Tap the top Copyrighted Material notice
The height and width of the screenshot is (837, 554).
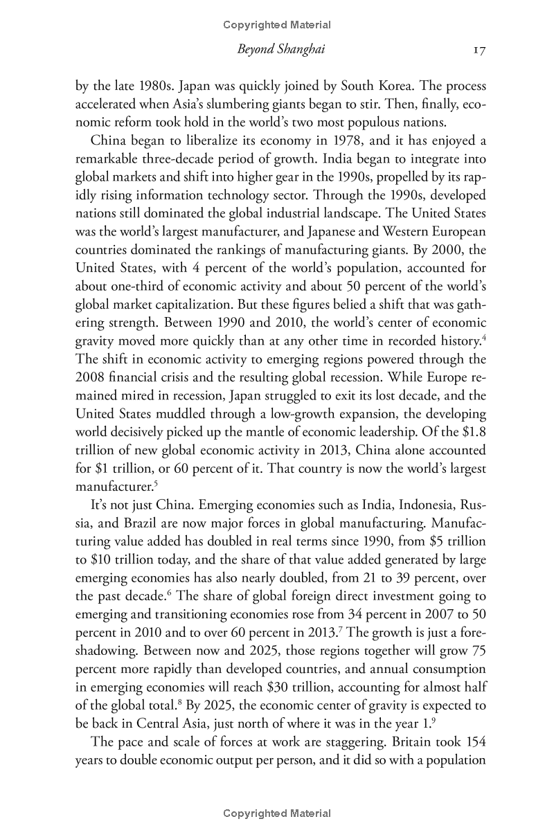coord(277,25)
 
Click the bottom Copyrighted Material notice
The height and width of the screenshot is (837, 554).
coord(277,814)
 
